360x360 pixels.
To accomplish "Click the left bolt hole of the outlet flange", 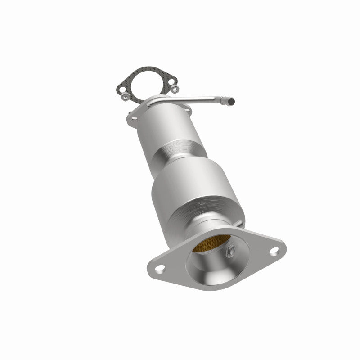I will [159, 269].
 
